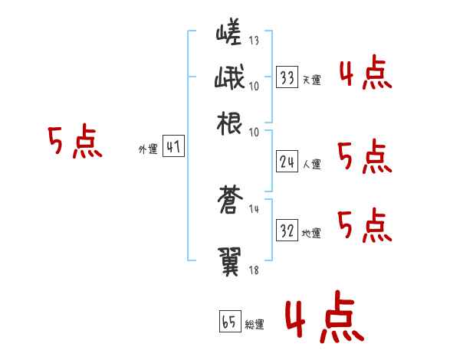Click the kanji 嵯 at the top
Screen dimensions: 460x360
[229, 34]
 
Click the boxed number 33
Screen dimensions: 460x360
[287, 78]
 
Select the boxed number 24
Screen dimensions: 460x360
[287, 162]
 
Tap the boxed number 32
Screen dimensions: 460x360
[287, 231]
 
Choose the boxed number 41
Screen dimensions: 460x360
[173, 148]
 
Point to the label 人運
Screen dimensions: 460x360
[311, 164]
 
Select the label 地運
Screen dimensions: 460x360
[311, 234]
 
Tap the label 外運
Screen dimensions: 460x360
[148, 150]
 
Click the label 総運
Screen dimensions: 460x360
[254, 324]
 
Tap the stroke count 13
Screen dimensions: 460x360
[254, 41]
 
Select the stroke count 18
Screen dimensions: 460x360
[254, 269]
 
